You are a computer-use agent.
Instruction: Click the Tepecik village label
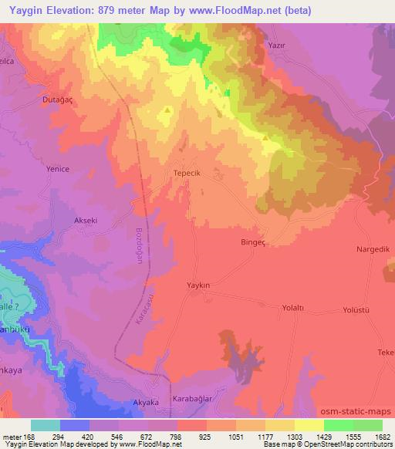coord(187,174)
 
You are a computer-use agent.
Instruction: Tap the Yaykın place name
coord(198,285)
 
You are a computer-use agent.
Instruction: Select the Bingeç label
coord(255,241)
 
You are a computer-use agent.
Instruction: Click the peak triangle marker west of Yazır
coord(167,111)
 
